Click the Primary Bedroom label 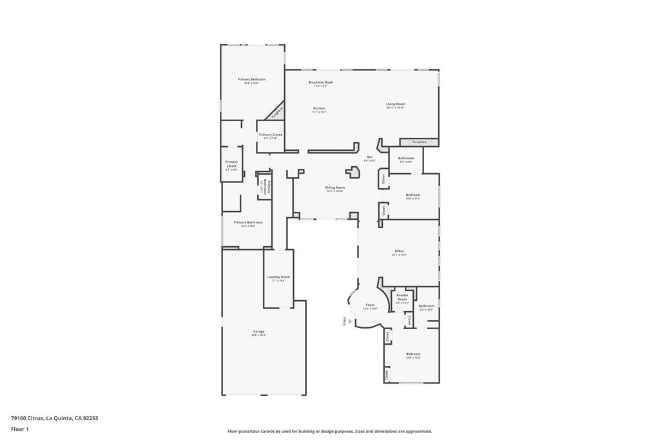coord(251,79)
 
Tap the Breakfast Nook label coord(320,82)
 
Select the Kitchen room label coord(319,108)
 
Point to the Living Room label coord(395,104)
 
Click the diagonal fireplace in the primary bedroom coord(276,111)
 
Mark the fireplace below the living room coord(419,142)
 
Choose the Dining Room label coord(335,187)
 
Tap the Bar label coord(370,157)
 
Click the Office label coord(399,251)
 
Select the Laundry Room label coord(278,277)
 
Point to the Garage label coord(258,332)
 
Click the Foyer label coord(370,305)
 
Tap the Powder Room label coord(402,297)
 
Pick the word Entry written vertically coord(345,321)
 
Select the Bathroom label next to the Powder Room coord(426,306)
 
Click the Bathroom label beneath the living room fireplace coord(406,158)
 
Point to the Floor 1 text coord(20,429)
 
